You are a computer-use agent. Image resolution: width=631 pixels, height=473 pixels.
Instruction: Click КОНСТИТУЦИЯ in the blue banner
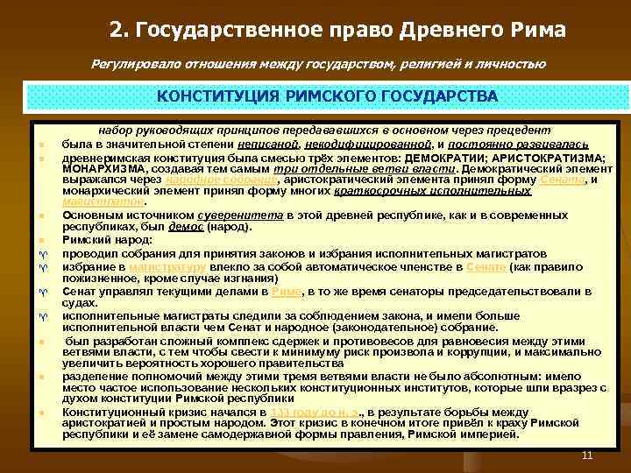pyautogui.click(x=216, y=95)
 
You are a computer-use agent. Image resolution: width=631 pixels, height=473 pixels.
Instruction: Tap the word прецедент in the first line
pyautogui.click(x=519, y=129)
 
